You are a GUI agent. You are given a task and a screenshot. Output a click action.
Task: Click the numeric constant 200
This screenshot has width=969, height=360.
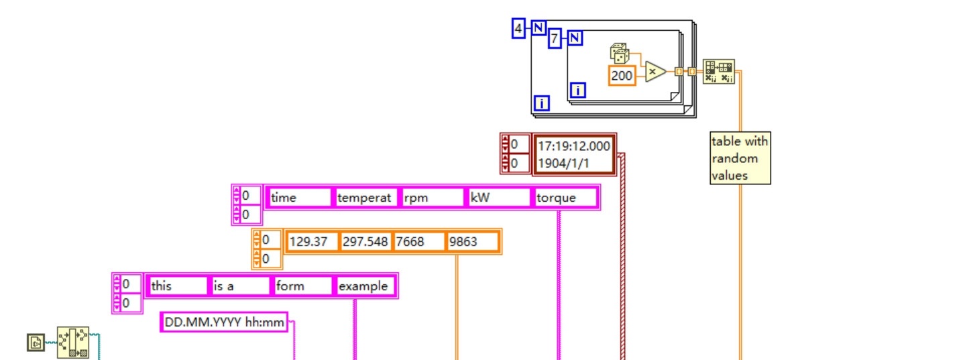pos(622,76)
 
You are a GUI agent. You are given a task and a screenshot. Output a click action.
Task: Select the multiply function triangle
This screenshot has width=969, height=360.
pos(654,72)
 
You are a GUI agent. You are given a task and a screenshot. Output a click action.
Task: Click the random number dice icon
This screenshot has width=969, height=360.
pos(618,54)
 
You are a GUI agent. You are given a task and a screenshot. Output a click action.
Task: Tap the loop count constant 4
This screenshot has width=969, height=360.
pos(518,29)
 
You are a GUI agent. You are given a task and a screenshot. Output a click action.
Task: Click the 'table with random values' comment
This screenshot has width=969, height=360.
pos(740,158)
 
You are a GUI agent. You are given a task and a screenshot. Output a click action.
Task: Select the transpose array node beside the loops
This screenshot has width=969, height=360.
pos(719,71)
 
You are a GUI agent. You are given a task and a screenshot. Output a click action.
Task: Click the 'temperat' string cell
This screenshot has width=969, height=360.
pos(365,198)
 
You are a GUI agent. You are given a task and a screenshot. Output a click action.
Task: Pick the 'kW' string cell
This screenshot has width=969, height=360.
pos(499,198)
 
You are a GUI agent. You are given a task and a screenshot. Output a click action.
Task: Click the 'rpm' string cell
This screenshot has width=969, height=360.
pos(432,198)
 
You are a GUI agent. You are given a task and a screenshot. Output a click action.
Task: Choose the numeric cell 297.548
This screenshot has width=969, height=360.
pos(365,242)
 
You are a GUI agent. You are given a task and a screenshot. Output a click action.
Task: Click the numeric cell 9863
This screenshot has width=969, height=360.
pos(473,242)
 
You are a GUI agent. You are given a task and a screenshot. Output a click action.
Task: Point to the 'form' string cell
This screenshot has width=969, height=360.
pos(303,286)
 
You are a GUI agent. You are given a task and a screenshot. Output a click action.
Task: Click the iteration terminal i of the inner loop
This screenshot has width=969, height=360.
pos(578,90)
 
